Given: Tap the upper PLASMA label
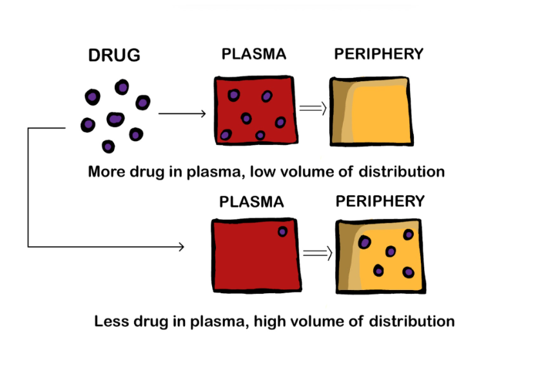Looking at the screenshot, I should click(253, 53).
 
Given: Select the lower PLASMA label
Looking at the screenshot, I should click(251, 202).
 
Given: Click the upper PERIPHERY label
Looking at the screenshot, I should click(378, 53).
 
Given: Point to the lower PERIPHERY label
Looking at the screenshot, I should click(380, 202).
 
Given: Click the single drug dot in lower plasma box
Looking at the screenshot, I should click(283, 232).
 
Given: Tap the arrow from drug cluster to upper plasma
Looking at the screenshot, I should click(182, 114).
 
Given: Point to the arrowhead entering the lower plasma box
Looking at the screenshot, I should click(181, 246).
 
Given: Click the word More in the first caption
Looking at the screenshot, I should click(106, 172).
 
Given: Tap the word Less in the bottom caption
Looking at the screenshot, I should click(111, 320).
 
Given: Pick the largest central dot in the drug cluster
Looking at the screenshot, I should click(115, 119).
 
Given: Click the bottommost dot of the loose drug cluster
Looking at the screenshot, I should click(108, 147).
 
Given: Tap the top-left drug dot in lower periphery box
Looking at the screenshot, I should click(365, 242).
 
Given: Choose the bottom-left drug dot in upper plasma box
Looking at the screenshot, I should click(226, 135).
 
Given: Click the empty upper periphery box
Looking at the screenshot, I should click(371, 110).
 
